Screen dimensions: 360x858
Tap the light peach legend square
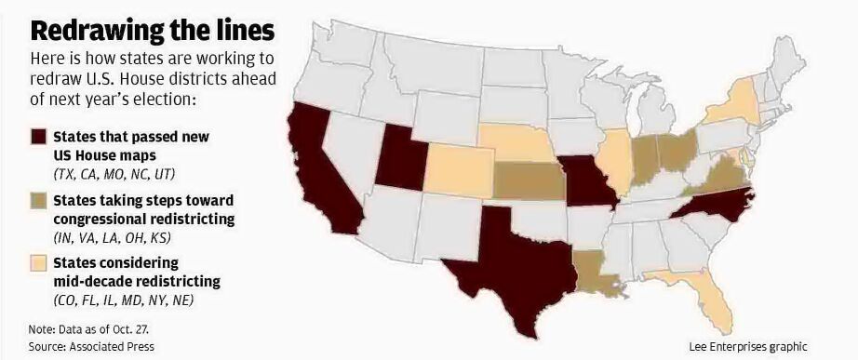pos(39,263)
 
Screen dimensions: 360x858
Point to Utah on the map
pos(401,163)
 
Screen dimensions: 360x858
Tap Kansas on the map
pos(526,180)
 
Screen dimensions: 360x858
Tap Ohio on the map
pos(677,148)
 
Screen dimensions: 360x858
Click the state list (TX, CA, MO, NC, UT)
pos(114,174)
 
